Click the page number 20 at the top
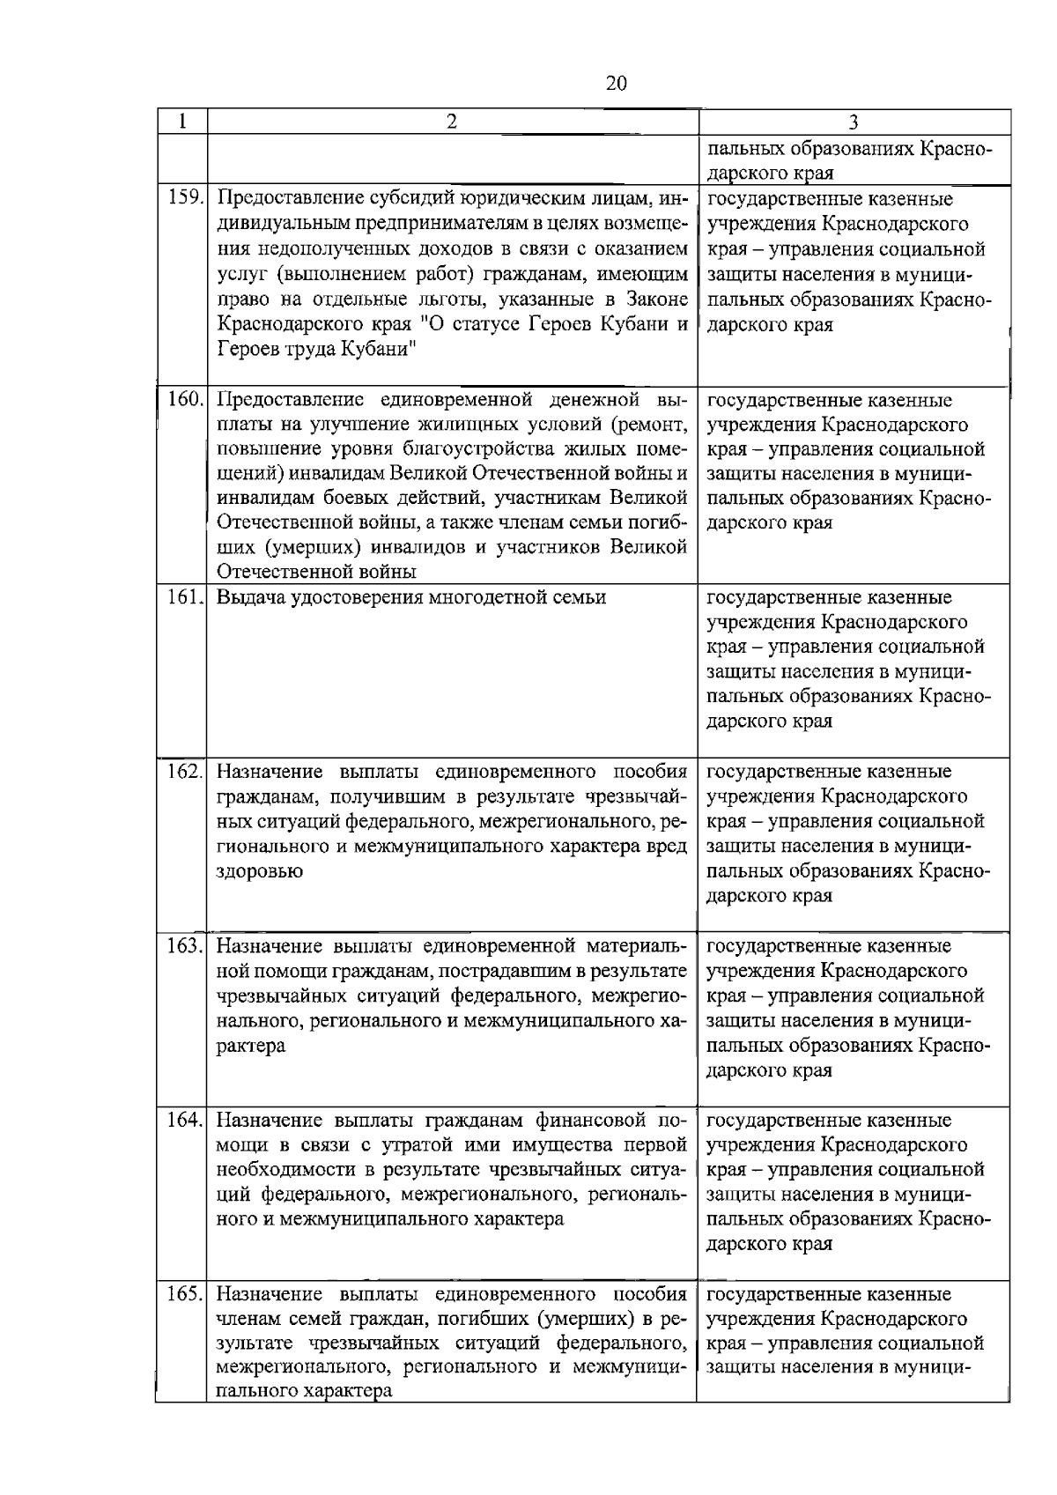pyautogui.click(x=617, y=84)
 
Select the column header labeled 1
pyautogui.click(x=181, y=122)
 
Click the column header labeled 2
pyautogui.click(x=451, y=122)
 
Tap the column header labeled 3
pyautogui.click(x=853, y=122)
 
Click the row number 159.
pyautogui.click(x=185, y=199)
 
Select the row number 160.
pyautogui.click(x=185, y=399)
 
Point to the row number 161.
pyautogui.click(x=185, y=597)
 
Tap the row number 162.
pyautogui.click(x=185, y=772)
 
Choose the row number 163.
pyautogui.click(x=185, y=946)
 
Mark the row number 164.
pyautogui.click(x=185, y=1121)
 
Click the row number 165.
pyautogui.click(x=185, y=1295)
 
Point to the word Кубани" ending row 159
pyautogui.click(x=379, y=349)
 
